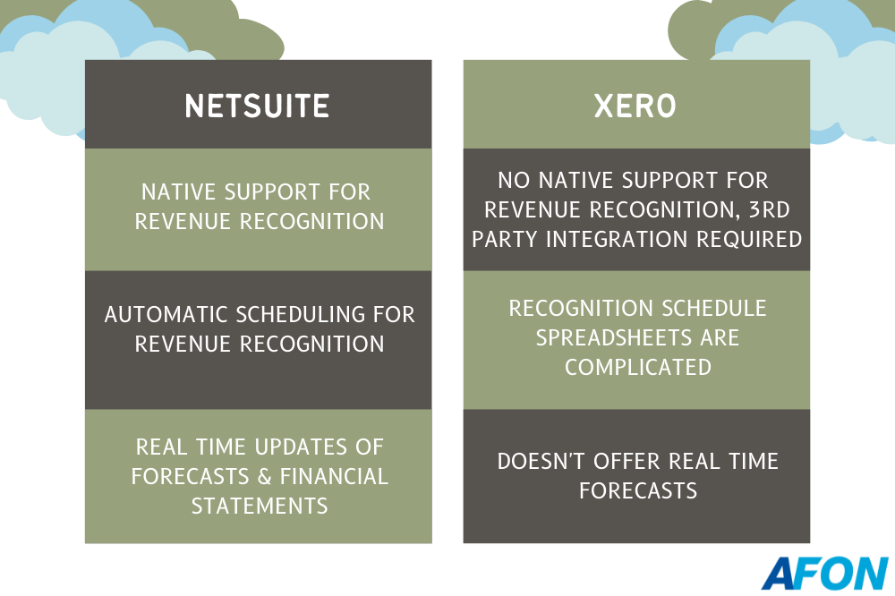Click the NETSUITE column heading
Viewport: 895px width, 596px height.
click(x=258, y=106)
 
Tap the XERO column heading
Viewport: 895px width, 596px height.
click(x=636, y=106)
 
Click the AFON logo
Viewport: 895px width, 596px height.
click(x=824, y=573)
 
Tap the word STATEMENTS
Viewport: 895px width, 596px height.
click(x=260, y=506)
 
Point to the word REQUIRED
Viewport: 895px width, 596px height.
click(x=760, y=239)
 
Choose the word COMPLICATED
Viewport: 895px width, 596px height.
click(x=637, y=367)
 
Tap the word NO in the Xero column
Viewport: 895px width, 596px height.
click(x=513, y=180)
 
